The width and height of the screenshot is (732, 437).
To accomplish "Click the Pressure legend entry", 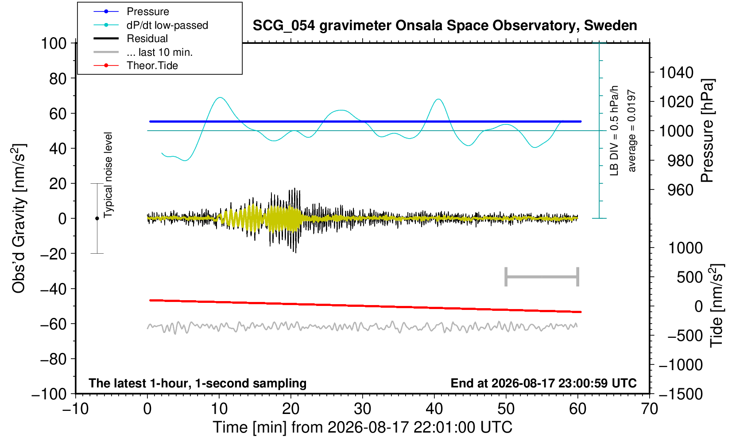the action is tap(131, 12).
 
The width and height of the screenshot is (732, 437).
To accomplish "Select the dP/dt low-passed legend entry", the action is tap(151, 25).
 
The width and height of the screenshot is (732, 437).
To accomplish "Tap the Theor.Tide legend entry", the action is tap(136, 66).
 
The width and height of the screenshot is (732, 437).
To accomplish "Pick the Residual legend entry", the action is tap(130, 39).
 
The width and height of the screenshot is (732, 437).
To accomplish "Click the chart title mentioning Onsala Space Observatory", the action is tap(445, 26).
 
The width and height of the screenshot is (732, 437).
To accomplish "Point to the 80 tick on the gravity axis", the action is tap(58, 79).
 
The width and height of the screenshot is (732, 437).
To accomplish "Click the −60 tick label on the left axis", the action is tap(53, 324).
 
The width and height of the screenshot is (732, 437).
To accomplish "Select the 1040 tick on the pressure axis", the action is tap(676, 72).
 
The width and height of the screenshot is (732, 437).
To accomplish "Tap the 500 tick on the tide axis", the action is tap(689, 277).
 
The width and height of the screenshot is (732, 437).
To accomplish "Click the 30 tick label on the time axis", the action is tap(362, 409).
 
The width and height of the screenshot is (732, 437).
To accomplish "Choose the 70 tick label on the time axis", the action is tap(649, 409).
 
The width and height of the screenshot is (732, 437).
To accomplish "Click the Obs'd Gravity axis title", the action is tap(19, 218).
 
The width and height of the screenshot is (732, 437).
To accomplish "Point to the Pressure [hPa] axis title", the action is tap(708, 131).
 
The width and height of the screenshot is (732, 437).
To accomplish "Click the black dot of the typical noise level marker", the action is tap(97, 218).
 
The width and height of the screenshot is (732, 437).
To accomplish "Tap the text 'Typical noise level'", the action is tap(108, 175).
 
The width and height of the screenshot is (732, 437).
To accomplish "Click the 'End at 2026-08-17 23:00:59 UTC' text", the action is tap(543, 383).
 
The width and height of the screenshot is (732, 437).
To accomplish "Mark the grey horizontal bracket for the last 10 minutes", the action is tap(542, 277).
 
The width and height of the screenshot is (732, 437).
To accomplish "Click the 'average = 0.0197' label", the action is tap(631, 131).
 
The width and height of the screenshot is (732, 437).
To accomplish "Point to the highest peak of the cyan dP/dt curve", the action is tap(220, 97).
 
